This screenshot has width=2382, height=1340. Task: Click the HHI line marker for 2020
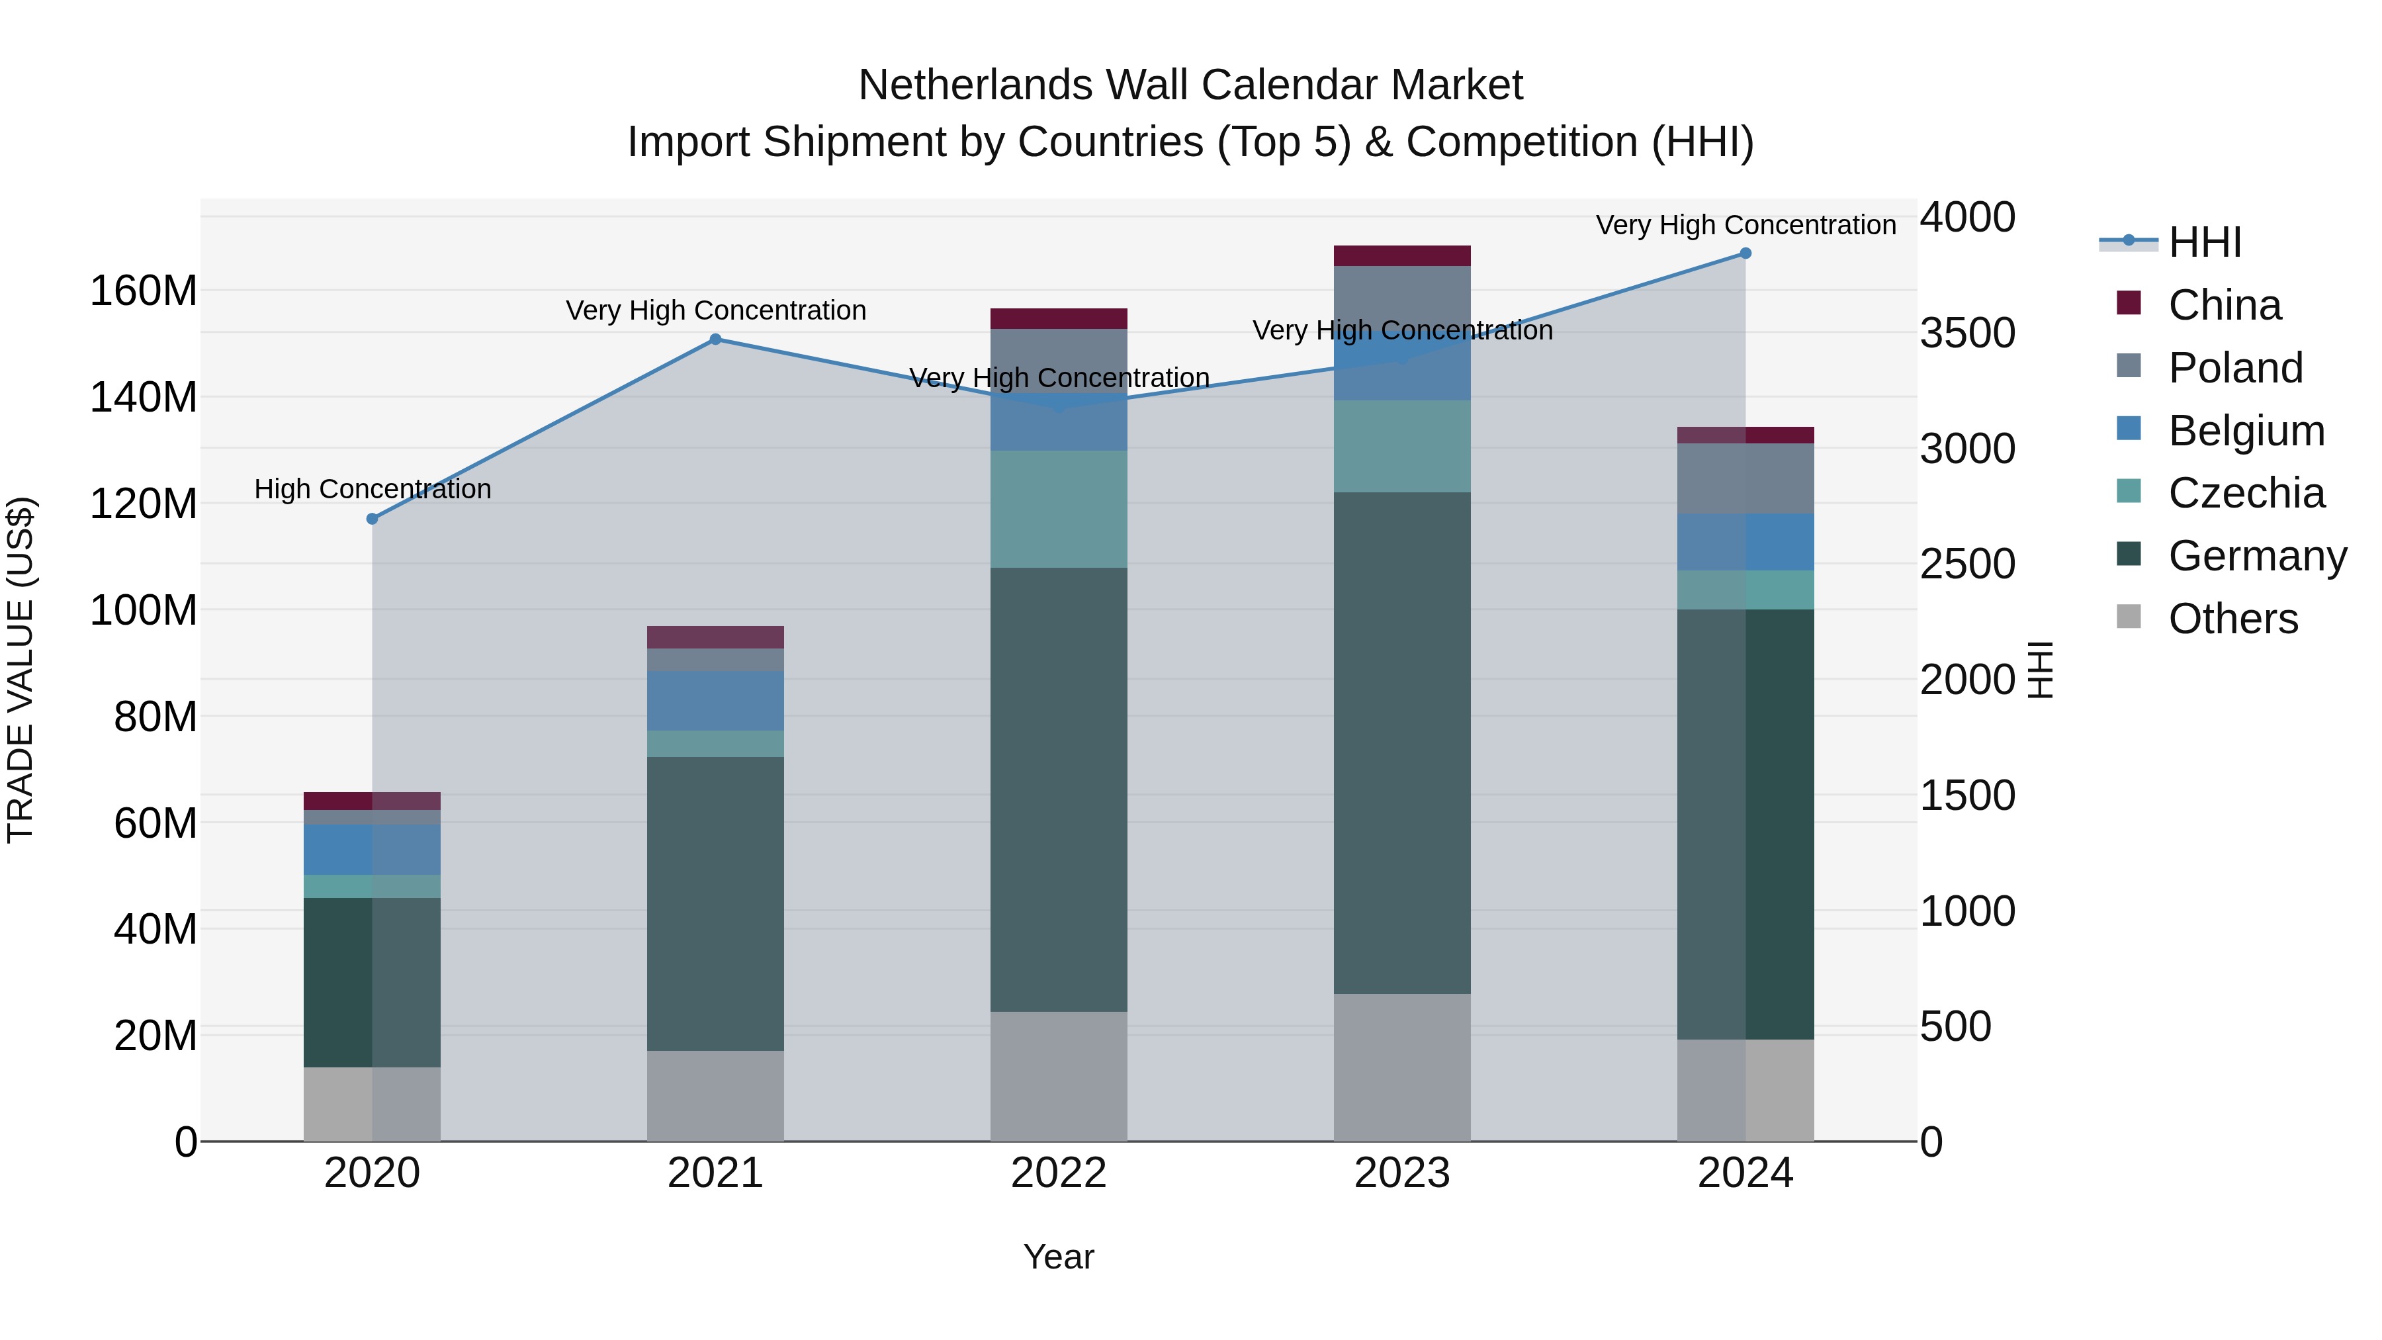point(372,519)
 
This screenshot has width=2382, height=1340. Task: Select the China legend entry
point(2223,305)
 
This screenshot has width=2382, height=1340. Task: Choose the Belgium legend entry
point(2245,431)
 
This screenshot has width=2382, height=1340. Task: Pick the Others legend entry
point(2232,619)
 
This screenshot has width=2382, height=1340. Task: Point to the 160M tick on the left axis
point(144,291)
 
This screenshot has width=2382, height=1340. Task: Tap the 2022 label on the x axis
point(1058,1173)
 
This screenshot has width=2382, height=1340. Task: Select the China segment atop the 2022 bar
point(1058,319)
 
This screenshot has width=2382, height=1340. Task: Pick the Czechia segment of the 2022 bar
point(1058,509)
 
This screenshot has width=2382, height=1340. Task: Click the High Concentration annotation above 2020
point(372,489)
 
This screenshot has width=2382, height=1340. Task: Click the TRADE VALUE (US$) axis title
point(21,670)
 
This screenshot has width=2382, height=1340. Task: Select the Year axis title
point(1058,1257)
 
